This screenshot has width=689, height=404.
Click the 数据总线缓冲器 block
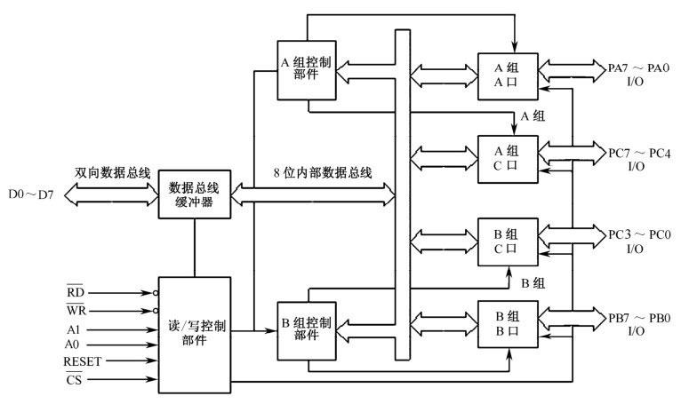coord(194,194)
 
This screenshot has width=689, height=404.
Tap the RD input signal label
coord(74,290)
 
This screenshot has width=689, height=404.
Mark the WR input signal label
coord(74,311)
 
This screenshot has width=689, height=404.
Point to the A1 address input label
coord(72,328)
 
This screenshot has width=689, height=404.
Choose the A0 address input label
coord(72,345)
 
